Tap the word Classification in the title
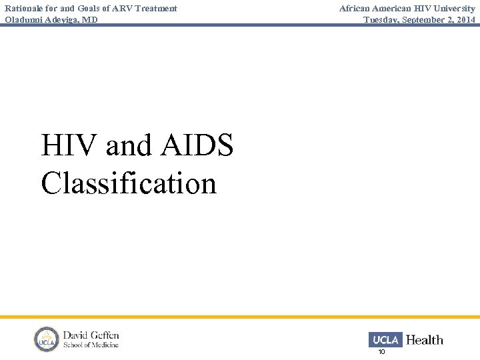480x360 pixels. click(129, 183)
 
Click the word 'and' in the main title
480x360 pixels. click(128, 145)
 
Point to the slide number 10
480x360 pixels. click(382, 351)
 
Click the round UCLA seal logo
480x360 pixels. click(47, 339)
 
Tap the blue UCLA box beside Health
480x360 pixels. click(385, 339)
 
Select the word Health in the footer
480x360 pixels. click(425, 340)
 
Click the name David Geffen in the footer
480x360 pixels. click(91, 335)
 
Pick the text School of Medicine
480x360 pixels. click(91, 345)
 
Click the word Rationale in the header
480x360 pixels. click(25, 8)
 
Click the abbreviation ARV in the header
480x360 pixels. click(123, 8)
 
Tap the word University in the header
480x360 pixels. click(454, 8)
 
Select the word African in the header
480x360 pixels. click(355, 8)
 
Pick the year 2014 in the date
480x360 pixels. click(465, 19)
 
